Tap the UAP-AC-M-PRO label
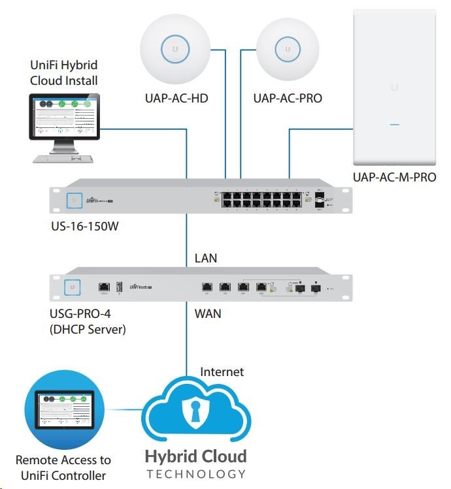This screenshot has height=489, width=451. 394,177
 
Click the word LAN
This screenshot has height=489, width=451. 206,259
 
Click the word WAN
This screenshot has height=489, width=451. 208,313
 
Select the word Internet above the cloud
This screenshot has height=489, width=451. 222,372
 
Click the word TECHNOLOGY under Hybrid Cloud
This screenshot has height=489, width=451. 196,474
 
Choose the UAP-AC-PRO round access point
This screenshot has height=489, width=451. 284,49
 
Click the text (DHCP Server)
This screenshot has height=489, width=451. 88,330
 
